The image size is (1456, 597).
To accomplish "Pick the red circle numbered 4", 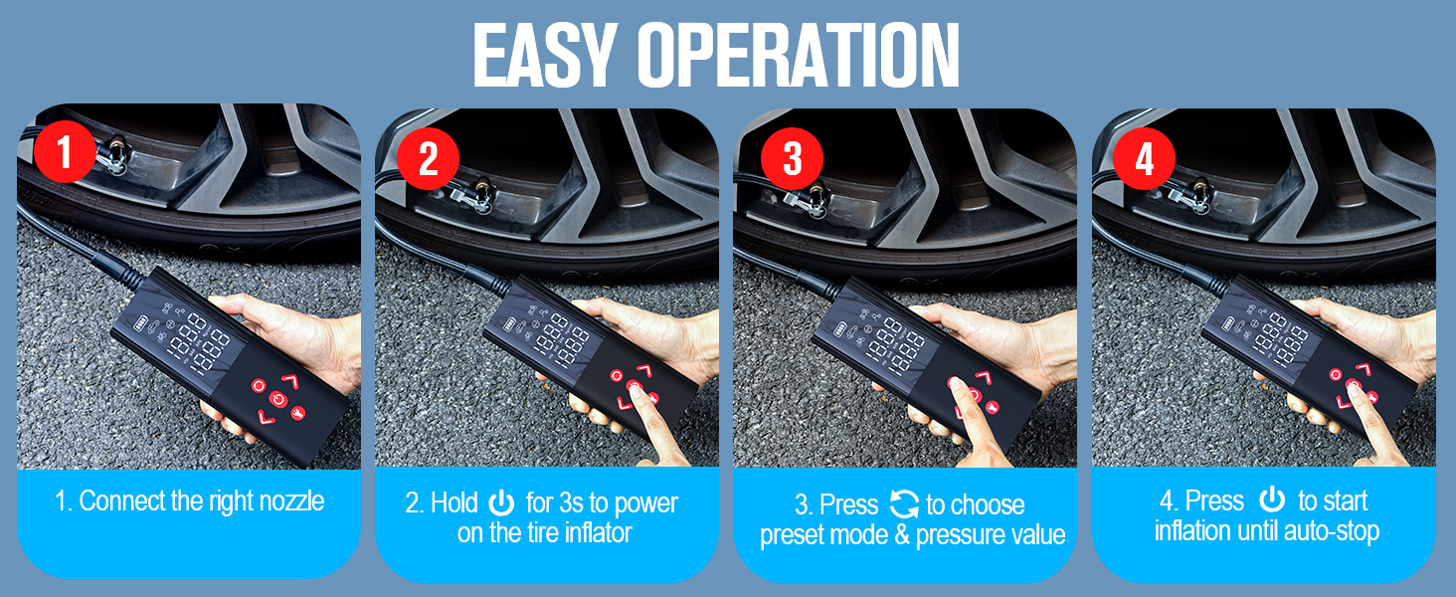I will pyautogui.click(x=1144, y=159).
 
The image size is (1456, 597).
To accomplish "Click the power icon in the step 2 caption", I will pyautogui.click(x=502, y=502).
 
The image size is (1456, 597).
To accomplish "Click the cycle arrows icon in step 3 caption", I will pyautogui.click(x=903, y=503).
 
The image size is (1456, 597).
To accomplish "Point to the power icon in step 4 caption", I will pyautogui.click(x=1271, y=499).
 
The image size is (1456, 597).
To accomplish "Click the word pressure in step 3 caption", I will pyautogui.click(x=961, y=535).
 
